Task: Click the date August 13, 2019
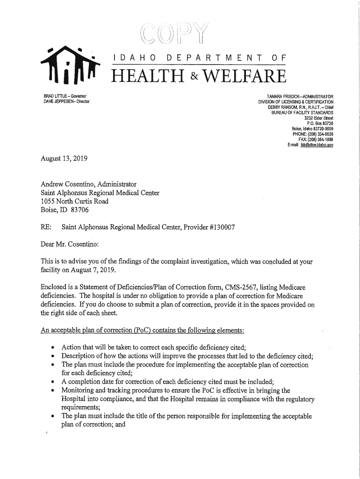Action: [x=63, y=159]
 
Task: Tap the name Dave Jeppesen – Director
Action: [x=65, y=102]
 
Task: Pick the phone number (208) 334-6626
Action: [x=318, y=134]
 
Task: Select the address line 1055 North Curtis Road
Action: [x=74, y=202]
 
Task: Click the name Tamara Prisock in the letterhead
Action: [x=277, y=96]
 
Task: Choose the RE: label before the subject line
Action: [x=46, y=227]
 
